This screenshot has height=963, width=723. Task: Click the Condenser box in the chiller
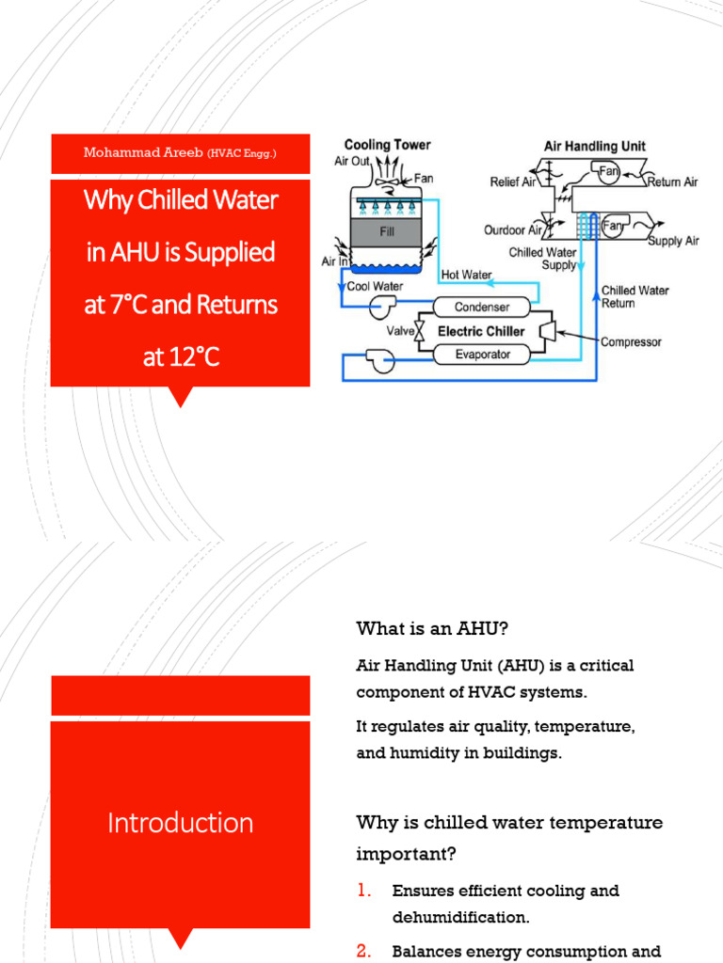482,308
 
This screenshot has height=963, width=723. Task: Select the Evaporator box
482,355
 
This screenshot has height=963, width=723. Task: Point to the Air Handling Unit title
595,147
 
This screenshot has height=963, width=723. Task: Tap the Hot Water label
467,276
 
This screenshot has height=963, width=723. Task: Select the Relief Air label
513,182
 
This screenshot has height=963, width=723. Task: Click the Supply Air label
674,241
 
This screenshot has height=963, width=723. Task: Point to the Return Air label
672,182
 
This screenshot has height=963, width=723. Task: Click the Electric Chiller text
480,331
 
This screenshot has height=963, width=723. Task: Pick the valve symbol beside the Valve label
421,332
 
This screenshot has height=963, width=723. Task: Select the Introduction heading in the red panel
180,823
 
